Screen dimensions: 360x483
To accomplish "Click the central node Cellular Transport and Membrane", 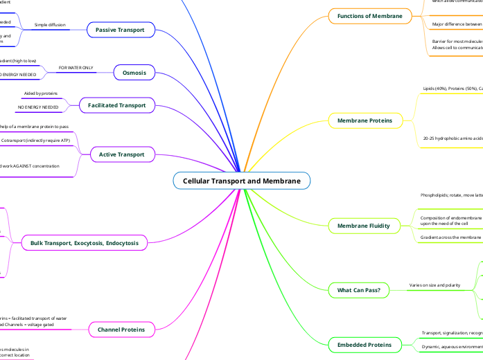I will pyautogui.click(x=241, y=181).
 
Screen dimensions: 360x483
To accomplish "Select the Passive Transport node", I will pyautogui.click(x=121, y=30).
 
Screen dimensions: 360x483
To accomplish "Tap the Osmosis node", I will pyautogui.click(x=134, y=73).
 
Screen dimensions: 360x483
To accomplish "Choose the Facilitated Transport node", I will pyautogui.click(x=116, y=105).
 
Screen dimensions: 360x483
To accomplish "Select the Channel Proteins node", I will pyautogui.click(x=121, y=330).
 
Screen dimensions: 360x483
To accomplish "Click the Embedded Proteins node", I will pyautogui.click(x=364, y=344).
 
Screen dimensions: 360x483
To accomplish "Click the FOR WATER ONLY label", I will pyautogui.click(x=77, y=69).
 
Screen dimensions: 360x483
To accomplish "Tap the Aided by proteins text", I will pyautogui.click(x=41, y=93).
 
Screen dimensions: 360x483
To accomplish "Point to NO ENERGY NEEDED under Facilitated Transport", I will pyautogui.click(x=38, y=107).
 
